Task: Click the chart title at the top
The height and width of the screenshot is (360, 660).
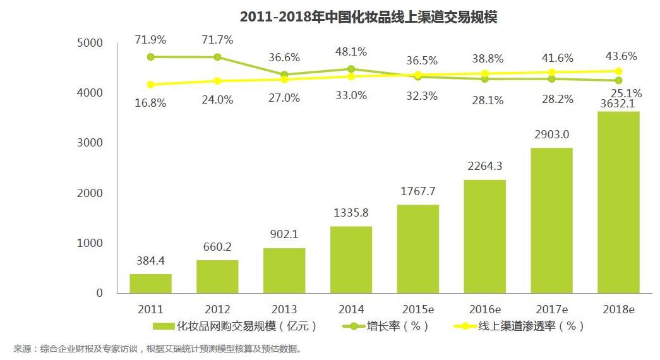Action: coord(368,17)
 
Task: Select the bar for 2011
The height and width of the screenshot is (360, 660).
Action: coord(150,283)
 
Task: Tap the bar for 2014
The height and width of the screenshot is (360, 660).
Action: coord(351,260)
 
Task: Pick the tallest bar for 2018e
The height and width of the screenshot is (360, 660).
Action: coord(618,202)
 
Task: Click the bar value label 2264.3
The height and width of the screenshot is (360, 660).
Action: coord(484,166)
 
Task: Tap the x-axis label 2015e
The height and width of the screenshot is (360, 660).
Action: coord(417,309)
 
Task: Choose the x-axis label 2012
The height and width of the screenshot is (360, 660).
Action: coord(217,309)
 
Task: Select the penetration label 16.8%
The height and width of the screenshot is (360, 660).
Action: coord(150,102)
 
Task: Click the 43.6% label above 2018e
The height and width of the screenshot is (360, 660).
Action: coord(621,56)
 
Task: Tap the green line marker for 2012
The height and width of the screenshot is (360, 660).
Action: coord(217,57)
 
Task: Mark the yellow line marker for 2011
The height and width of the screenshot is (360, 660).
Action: coord(150,85)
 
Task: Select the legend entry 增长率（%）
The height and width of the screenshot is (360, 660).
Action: coord(385,327)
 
